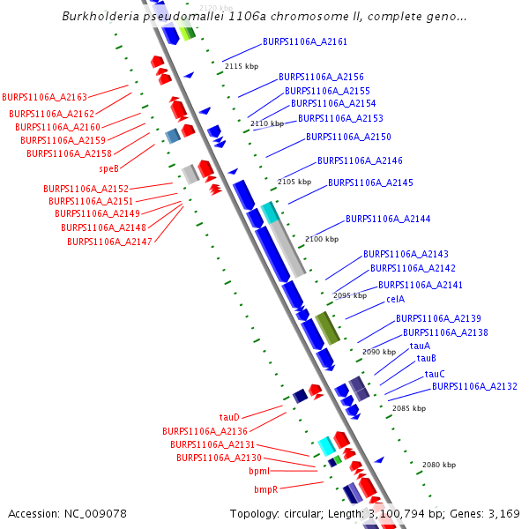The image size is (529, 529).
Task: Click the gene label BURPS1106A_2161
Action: [305, 42]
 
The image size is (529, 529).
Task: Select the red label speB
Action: [108, 168]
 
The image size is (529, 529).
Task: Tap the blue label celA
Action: [396, 300]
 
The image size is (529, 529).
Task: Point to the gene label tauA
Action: [420, 346]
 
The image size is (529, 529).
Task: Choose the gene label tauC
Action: [435, 375]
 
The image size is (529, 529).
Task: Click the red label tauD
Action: [229, 417]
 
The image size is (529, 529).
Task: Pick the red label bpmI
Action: [259, 472]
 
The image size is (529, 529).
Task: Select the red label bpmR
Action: [266, 489]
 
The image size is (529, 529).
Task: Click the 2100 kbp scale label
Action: [321, 239]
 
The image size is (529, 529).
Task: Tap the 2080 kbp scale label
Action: [439, 465]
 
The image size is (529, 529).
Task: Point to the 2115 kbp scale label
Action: [242, 66]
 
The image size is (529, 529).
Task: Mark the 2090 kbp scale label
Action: [379, 352]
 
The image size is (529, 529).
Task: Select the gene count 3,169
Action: [503, 514]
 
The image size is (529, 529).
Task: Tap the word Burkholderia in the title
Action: [100, 17]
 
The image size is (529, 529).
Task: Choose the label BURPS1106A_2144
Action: [388, 219]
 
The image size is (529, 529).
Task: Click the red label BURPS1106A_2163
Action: [44, 97]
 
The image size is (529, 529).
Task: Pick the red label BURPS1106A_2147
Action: [109, 242]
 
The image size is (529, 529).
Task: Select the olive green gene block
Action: [327, 327]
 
